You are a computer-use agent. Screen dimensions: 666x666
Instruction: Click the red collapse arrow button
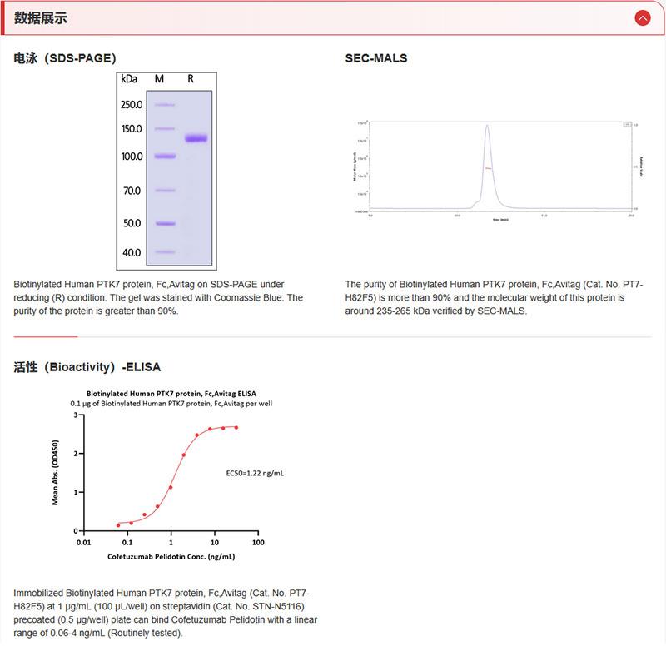(642, 17)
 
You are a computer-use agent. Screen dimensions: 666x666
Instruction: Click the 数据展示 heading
(41, 18)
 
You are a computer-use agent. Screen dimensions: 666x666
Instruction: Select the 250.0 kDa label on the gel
(132, 105)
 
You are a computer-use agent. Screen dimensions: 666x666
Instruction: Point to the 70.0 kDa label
(132, 191)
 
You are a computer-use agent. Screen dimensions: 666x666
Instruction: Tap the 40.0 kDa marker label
(132, 252)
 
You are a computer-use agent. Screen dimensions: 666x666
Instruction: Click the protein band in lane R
(196, 138)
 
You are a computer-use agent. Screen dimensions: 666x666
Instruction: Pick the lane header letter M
(160, 78)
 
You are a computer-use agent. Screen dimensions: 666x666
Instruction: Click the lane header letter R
(191, 78)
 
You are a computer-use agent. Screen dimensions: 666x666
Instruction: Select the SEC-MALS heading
(376, 58)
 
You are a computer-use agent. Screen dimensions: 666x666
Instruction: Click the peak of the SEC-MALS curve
(487, 127)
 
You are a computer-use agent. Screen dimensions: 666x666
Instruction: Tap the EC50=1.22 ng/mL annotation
(255, 473)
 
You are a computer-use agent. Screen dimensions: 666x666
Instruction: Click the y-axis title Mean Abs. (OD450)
(56, 473)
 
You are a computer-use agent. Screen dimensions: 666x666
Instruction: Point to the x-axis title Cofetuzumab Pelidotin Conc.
(171, 555)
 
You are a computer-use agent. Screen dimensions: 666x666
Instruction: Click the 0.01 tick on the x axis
(83, 542)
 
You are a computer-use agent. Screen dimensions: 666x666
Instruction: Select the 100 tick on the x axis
(258, 542)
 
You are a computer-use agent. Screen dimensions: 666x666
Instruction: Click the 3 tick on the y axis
(76, 415)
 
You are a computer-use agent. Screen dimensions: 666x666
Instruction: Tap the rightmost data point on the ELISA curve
(236, 428)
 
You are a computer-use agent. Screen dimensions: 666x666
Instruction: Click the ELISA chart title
(171, 393)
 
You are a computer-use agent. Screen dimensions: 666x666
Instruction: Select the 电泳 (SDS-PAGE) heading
(65, 58)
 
